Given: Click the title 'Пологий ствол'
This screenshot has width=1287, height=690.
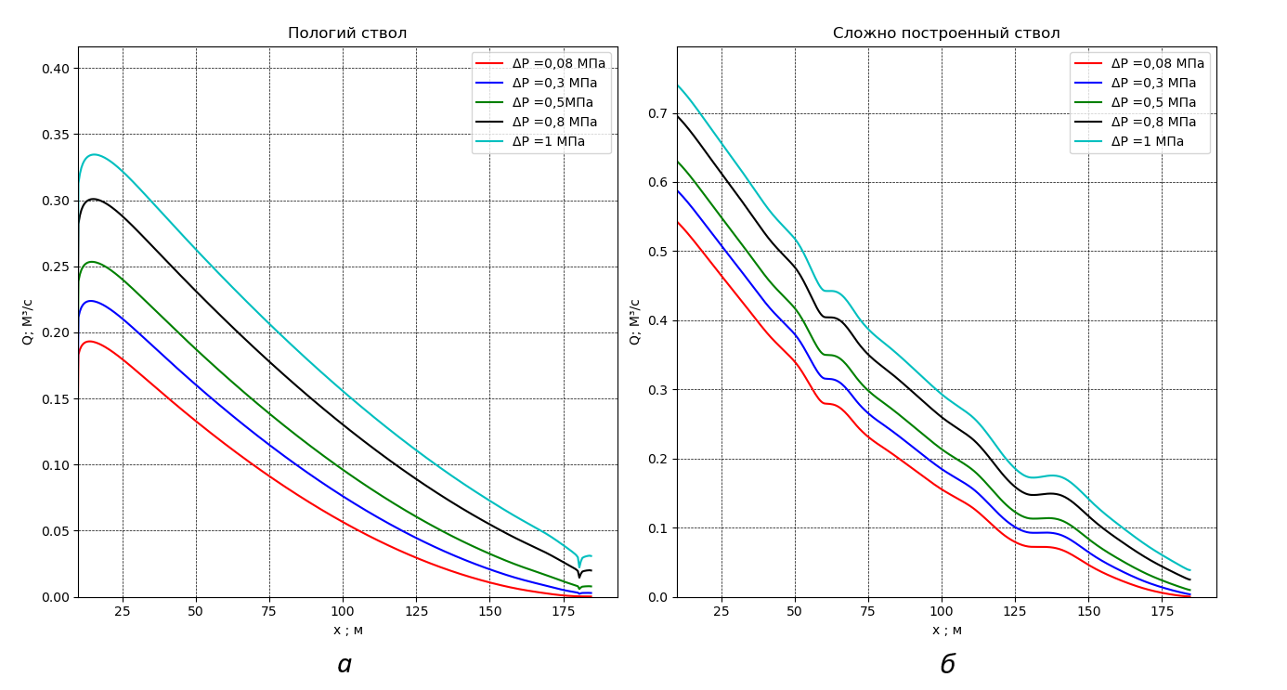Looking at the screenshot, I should [347, 33].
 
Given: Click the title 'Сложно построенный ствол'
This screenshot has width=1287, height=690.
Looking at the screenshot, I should [946, 33].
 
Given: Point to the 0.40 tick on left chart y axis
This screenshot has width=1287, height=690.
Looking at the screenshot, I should [55, 69].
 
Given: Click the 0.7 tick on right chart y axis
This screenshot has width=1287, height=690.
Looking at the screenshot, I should [657, 113].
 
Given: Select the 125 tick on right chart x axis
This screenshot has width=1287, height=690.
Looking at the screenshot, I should [1015, 611].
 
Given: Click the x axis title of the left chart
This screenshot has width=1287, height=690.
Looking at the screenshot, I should [347, 631].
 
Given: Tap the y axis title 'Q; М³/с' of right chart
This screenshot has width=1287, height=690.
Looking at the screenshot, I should [635, 321].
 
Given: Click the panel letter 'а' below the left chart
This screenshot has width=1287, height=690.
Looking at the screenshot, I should [344, 665].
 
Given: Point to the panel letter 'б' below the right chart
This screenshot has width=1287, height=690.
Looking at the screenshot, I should [947, 665].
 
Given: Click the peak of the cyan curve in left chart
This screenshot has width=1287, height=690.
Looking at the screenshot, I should [93, 154].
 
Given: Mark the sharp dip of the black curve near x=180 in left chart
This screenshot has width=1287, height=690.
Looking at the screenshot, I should [579, 577].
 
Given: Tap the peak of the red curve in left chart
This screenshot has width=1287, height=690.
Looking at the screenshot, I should [89, 341].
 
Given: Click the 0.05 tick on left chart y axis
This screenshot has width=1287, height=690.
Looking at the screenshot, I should [55, 531].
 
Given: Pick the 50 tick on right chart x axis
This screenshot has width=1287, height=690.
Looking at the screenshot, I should [795, 611].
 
